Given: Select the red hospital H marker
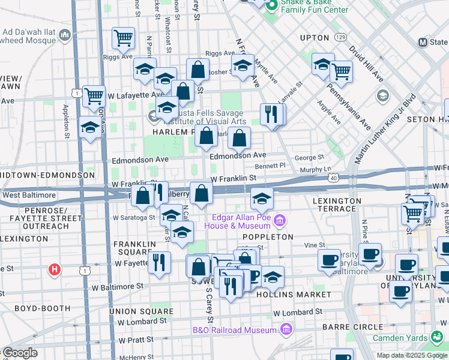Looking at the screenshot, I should (x=55, y=270).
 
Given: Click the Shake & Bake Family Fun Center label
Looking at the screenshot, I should (x=315, y=6).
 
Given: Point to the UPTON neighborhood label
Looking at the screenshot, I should (x=315, y=38).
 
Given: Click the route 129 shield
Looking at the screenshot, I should (x=340, y=38).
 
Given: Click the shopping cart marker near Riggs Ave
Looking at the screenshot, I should (x=122, y=38).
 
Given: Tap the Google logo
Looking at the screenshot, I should (x=19, y=353).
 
